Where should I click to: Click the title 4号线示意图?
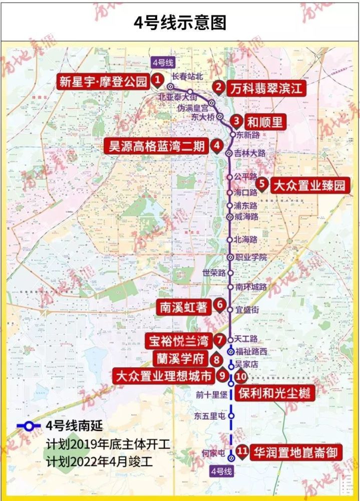point(180,23)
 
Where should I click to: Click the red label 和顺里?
point(265,122)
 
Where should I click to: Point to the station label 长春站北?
point(188,76)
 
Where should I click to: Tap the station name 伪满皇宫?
point(192,108)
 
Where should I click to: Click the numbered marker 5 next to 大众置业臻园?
point(261,184)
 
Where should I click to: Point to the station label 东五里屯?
point(210,415)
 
